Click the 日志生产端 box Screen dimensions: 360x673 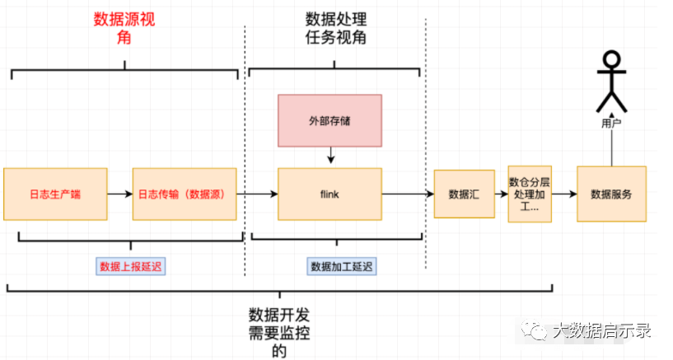[56, 194]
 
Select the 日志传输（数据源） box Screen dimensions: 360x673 [185, 194]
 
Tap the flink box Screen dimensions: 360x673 [329, 194]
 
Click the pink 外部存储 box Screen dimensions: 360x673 [329, 120]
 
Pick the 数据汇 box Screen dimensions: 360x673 [464, 194]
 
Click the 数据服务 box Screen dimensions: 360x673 [611, 194]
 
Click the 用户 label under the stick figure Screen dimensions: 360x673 [610, 123]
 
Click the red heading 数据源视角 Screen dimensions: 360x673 [124, 29]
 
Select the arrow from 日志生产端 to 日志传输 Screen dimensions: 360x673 [120, 194]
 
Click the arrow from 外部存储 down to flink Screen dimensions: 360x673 [329, 155]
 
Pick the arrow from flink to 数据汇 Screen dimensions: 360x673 [408, 194]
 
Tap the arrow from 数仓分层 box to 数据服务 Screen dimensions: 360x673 [563, 194]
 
